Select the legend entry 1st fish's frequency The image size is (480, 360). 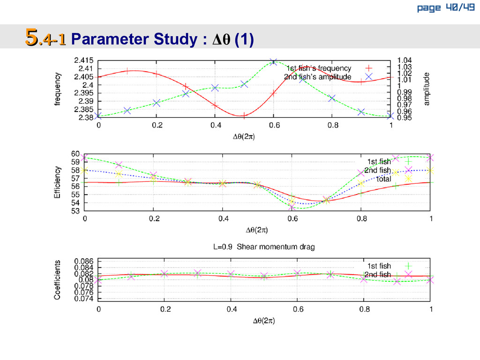pyautogui.click(x=319, y=68)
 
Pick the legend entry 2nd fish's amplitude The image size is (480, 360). pyautogui.click(x=317, y=76)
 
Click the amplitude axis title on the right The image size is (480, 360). pyautogui.click(x=427, y=89)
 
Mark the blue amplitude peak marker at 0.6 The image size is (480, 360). pyautogui.click(x=274, y=62)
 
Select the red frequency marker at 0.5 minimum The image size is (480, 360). pyautogui.click(x=244, y=115)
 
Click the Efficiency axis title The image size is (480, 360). pyautogui.click(x=57, y=182)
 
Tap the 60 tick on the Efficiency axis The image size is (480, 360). pyautogui.click(x=75, y=154)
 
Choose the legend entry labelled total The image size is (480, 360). pyautogui.click(x=383, y=179)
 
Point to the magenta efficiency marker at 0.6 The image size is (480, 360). pyautogui.click(x=292, y=207)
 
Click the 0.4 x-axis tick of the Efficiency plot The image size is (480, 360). pyautogui.click(x=223, y=219)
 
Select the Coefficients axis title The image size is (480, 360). pyautogui.click(x=57, y=280)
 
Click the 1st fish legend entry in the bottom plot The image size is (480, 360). pyautogui.click(x=378, y=266)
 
